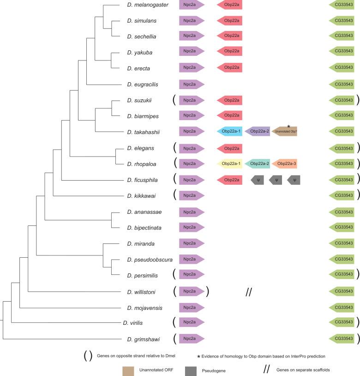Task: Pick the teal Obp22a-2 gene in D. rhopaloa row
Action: point(258,164)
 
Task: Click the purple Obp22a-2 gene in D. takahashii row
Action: point(258,132)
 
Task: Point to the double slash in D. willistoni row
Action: point(249,291)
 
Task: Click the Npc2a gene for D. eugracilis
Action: point(191,84)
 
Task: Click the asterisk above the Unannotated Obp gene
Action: point(288,126)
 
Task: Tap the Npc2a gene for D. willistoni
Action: point(191,291)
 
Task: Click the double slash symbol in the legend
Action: point(267,370)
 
